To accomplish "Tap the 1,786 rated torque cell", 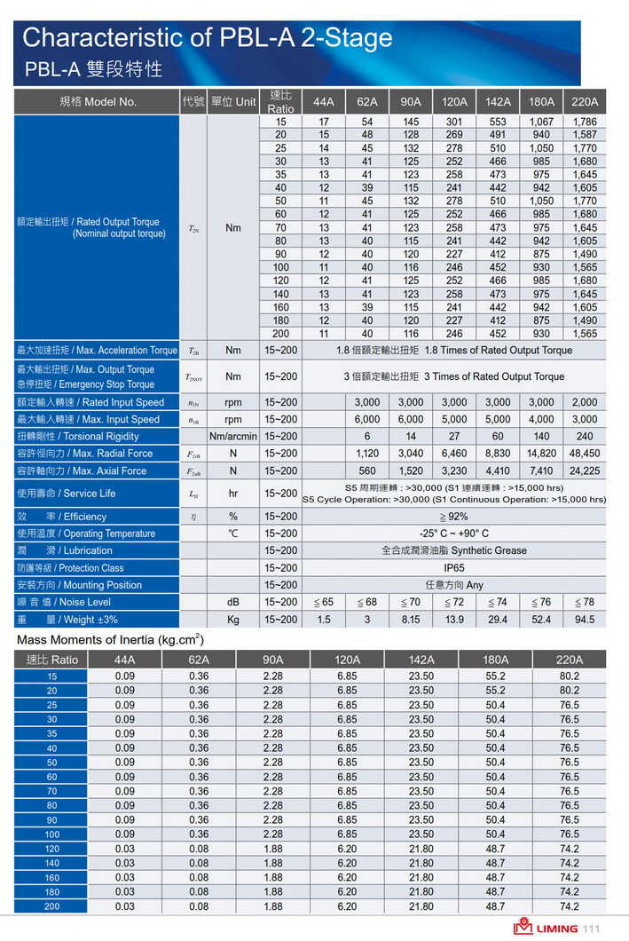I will coord(585,122).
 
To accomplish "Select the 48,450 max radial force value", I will coord(585,453).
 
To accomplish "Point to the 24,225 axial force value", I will coord(585,470).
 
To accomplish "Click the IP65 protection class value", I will coord(454,567).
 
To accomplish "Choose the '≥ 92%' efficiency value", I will coord(454,516).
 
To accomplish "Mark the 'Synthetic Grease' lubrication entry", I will coord(454,550).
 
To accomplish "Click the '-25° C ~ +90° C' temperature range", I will coord(454,534).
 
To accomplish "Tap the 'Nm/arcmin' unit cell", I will coord(233,436).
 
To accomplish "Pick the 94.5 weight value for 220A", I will coord(585,619).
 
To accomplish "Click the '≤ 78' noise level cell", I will coord(585,602).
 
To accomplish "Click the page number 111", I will coord(592,929).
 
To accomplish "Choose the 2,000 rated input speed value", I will coord(585,402).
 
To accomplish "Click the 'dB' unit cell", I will coord(233,602).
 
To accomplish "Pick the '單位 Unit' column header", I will coord(233,101).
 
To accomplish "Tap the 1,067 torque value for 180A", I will coord(541,122).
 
